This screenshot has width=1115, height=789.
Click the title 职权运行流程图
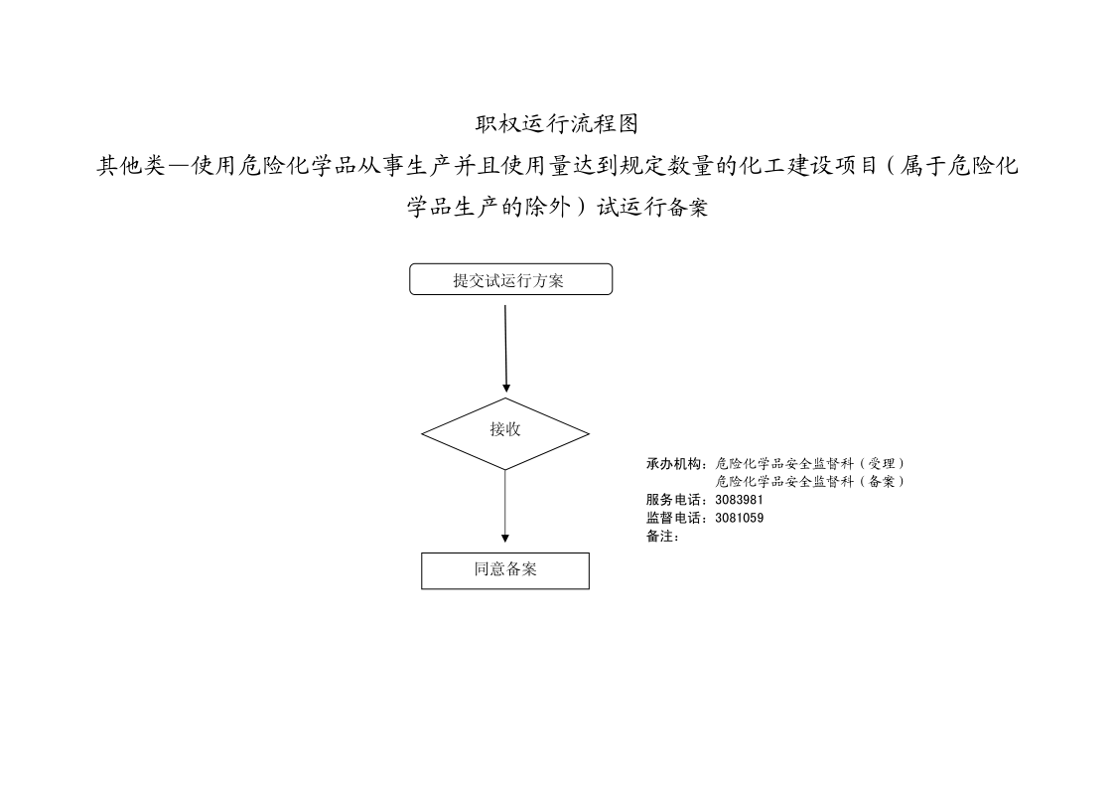click(557, 124)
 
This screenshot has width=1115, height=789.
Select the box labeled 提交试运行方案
click(510, 279)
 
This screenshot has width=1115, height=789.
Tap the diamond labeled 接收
click(505, 433)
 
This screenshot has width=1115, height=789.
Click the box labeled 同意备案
click(505, 570)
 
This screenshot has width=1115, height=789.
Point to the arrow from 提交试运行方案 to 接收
click(505, 349)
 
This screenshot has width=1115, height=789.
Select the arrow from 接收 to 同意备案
click(505, 507)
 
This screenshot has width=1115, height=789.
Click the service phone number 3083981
click(739, 500)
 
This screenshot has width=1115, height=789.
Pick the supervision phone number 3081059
click(739, 518)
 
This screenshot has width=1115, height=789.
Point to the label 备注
click(659, 537)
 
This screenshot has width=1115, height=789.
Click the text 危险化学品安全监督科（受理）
click(810, 464)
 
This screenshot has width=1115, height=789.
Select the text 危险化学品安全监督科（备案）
click(810, 482)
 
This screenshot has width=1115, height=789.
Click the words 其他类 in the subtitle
click(131, 166)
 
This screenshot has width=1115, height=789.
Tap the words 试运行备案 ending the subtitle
click(652, 207)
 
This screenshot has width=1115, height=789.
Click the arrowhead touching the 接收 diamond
click(506, 389)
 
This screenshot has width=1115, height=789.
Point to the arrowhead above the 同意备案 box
click(505, 540)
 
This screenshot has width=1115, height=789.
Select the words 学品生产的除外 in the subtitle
click(488, 207)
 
